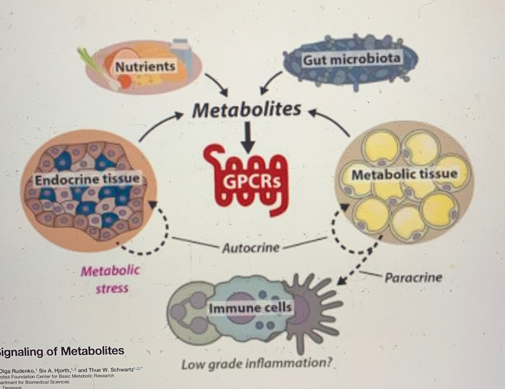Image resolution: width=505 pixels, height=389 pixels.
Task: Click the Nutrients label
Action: (145, 67)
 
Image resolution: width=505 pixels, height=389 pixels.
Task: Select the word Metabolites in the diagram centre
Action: (246, 110)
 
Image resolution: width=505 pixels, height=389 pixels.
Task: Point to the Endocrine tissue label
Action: (87, 179)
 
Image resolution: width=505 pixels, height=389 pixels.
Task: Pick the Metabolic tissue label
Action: (404, 174)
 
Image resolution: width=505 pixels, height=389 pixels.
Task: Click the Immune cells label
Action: (250, 307)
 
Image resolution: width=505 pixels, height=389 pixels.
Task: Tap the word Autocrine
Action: (251, 248)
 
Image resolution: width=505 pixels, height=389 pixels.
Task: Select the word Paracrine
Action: (413, 278)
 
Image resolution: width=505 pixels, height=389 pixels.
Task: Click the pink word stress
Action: (112, 289)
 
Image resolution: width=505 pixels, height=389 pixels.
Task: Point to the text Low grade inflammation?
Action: (257, 364)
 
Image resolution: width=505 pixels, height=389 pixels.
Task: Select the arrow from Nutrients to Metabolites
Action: (217, 85)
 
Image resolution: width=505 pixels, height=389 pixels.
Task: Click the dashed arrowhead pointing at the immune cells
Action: (342, 281)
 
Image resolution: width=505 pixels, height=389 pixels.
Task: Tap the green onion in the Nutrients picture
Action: (90, 61)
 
